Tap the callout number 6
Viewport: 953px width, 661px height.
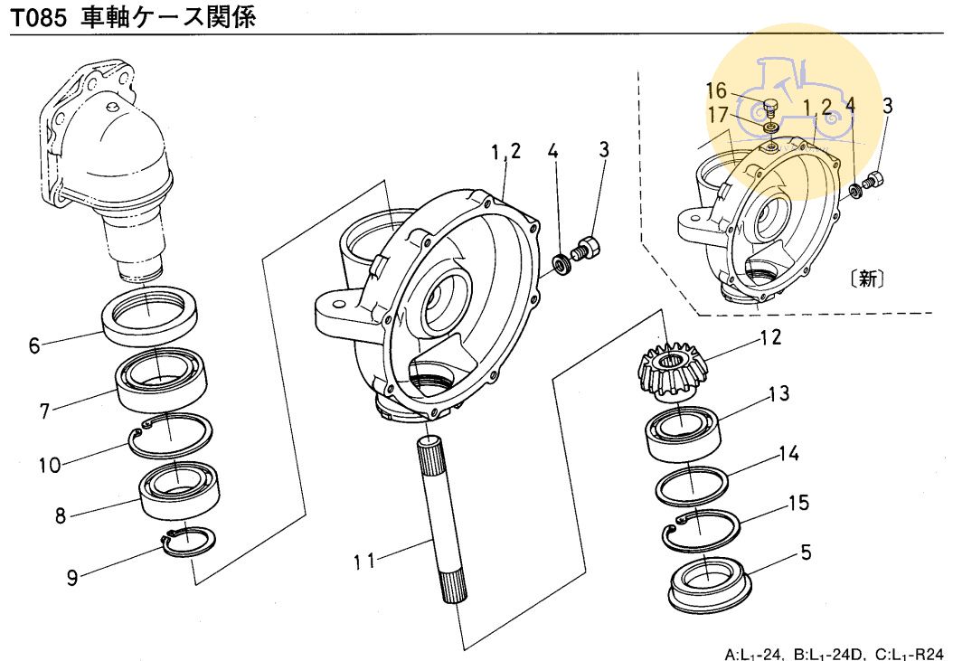(x=34, y=345)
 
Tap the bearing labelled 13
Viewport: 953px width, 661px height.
(x=682, y=430)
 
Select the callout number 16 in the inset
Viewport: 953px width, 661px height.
(x=716, y=90)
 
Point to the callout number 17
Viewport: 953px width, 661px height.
(x=718, y=115)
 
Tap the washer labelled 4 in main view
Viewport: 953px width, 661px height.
(x=563, y=263)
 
